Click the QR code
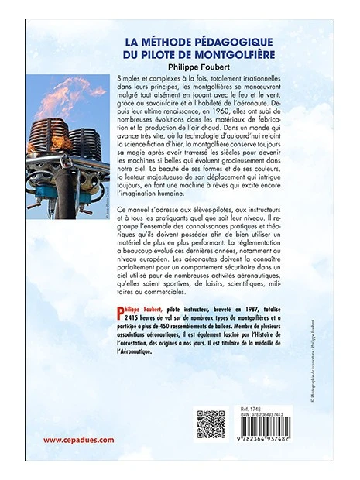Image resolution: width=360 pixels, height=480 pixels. pos(210,424)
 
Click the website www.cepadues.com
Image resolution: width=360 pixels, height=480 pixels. pos(78,440)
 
